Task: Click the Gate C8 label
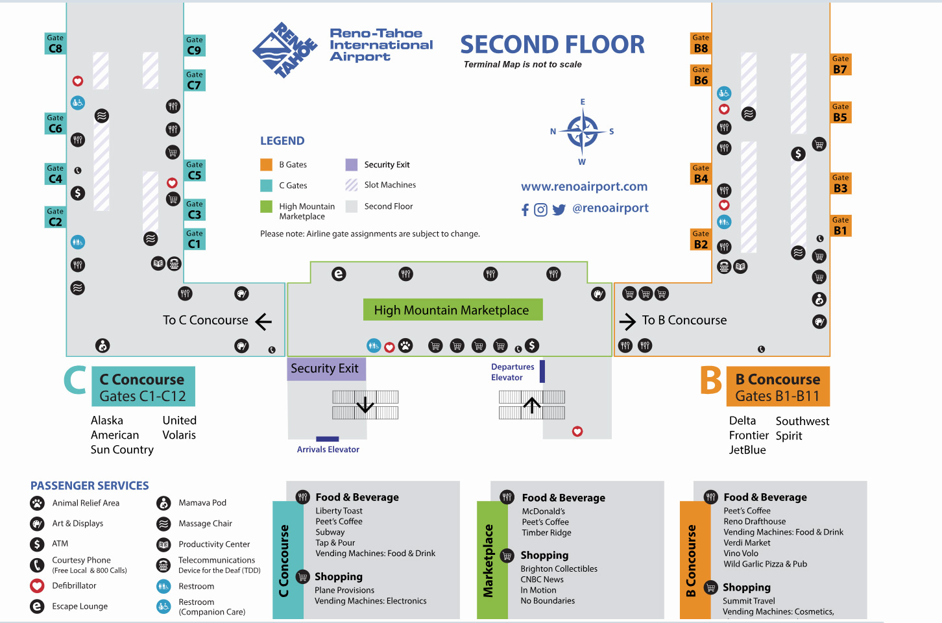(x=55, y=43)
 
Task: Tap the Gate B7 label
(x=840, y=65)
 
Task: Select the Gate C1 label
(x=194, y=239)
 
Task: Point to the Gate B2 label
(x=701, y=240)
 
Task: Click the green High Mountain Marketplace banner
(x=452, y=310)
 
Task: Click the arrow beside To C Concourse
(x=263, y=321)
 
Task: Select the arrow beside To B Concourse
(x=627, y=321)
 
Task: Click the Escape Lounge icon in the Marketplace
(x=339, y=274)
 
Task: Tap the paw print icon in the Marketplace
(x=405, y=346)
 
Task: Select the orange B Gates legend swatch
(x=266, y=165)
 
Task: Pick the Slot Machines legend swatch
(x=352, y=185)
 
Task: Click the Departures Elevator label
(x=512, y=372)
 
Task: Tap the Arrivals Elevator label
(x=328, y=449)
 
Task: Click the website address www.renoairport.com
(x=584, y=187)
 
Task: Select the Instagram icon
(x=540, y=210)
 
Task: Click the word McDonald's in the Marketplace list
(x=543, y=511)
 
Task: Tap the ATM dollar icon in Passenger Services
(x=37, y=544)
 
